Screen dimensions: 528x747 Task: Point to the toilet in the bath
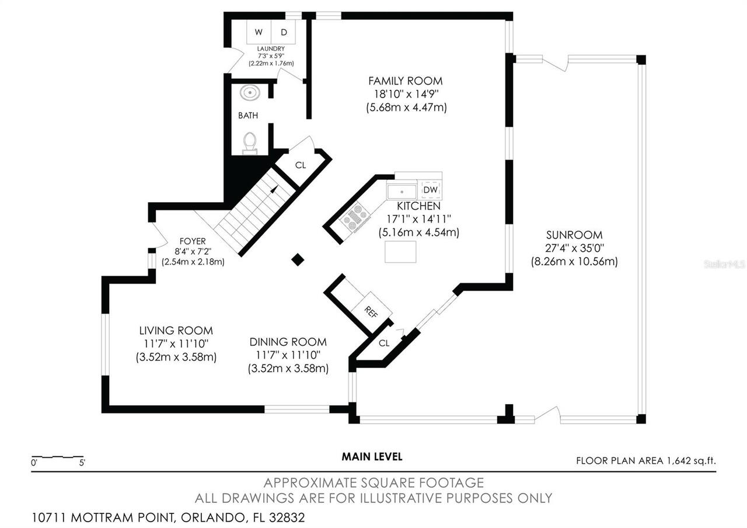(x=250, y=142)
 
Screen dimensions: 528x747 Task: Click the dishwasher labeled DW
(x=430, y=190)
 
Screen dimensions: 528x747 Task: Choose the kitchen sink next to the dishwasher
(x=402, y=191)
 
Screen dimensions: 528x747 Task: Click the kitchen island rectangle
(x=400, y=251)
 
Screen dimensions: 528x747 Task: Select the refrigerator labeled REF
(x=371, y=311)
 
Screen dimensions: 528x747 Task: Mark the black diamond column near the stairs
(x=298, y=260)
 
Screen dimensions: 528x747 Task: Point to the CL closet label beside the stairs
(x=300, y=165)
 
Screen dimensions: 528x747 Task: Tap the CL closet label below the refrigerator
(x=383, y=343)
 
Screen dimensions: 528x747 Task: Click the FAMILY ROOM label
(x=405, y=81)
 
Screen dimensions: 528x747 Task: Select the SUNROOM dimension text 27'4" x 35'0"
(x=574, y=248)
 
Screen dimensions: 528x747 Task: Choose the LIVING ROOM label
(x=176, y=331)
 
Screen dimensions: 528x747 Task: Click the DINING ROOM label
(x=288, y=342)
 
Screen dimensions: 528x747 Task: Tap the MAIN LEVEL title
(x=372, y=457)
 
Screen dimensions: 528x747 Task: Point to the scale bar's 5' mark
(x=82, y=463)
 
